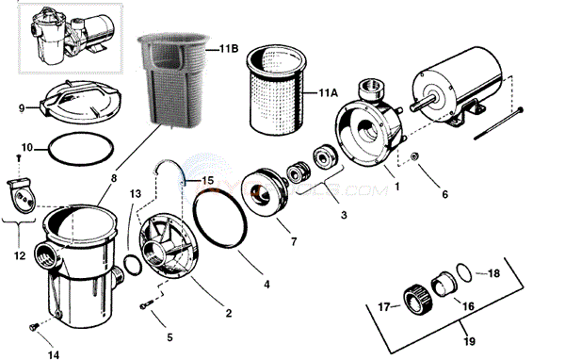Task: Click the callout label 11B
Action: [x=228, y=48]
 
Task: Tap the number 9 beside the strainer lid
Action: [x=21, y=108]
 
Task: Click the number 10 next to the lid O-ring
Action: [x=26, y=148]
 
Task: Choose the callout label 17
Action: [x=384, y=305]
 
